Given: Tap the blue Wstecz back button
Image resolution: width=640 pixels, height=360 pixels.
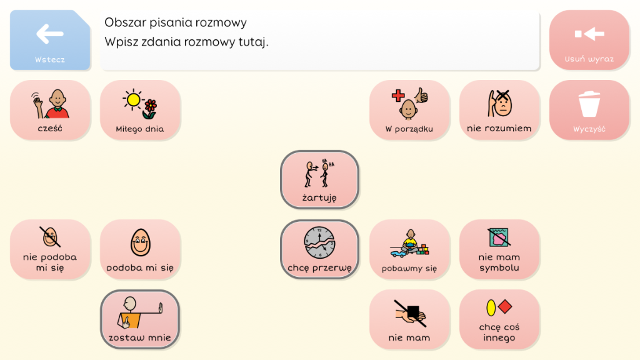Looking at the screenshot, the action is coord(50,40).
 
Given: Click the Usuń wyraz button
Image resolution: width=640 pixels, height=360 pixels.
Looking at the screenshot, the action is coord(589,40).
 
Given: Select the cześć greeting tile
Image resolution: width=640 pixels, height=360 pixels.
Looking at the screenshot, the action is coord(50,110).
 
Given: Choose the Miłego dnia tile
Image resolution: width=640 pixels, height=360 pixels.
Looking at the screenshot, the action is coord(140,110).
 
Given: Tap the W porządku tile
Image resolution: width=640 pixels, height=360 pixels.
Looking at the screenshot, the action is coord(409,110).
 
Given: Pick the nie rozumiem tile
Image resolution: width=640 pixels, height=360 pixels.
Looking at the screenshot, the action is coord(499,110).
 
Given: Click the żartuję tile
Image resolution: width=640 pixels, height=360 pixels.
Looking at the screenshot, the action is coord(319,179).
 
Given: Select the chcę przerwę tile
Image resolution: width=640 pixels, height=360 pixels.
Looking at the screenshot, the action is coord(319,249).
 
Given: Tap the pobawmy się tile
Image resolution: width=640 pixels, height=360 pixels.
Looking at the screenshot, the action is coord(409,249).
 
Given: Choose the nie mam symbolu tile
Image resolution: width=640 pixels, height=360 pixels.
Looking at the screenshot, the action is coord(499,249).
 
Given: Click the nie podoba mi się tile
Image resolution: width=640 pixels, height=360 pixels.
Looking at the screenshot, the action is coord(50,249).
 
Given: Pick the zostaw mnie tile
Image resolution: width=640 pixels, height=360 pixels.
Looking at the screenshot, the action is coord(140,319).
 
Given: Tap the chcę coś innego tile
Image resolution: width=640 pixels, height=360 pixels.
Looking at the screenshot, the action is coord(499,319).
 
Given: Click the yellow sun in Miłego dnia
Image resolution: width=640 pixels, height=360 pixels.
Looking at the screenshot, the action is coord(133,99).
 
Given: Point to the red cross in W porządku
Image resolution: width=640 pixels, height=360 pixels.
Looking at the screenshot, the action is coord(398,96).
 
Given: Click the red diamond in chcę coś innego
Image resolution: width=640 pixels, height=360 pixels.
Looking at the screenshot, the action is coord(505,306).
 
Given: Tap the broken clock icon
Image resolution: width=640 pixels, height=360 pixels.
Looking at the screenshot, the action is coord(319,243).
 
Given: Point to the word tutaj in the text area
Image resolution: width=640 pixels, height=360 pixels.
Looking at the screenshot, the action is coord(254,42).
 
